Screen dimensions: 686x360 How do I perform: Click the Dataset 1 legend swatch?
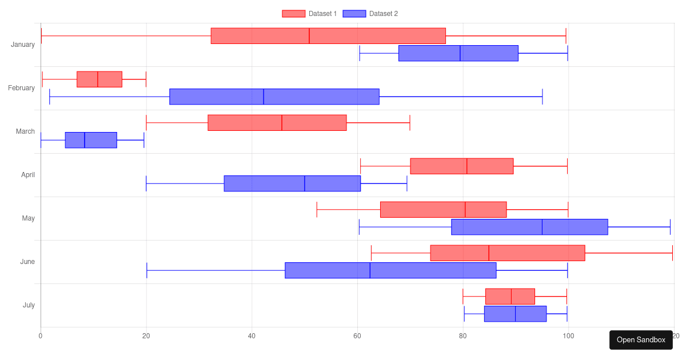[293, 14]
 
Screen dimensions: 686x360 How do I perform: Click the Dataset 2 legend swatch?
[354, 14]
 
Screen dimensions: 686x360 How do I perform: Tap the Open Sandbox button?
[641, 340]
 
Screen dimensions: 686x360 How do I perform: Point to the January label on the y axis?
[23, 45]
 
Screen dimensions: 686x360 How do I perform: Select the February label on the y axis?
[21, 88]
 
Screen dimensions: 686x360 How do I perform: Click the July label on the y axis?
[29, 305]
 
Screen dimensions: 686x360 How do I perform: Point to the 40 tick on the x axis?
[252, 336]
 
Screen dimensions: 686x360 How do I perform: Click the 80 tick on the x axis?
[462, 336]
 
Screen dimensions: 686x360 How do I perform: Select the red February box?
[99, 79]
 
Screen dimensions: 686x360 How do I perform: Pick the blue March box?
[91, 140]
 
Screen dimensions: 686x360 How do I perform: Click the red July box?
[510, 297]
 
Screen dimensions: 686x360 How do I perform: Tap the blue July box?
[516, 314]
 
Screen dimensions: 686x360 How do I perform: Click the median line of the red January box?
[309, 36]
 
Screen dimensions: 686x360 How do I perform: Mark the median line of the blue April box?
[304, 183]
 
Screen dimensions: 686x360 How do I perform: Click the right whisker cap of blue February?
[543, 97]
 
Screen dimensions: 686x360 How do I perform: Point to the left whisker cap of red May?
[317, 210]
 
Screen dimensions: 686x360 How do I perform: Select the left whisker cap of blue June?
[147, 270]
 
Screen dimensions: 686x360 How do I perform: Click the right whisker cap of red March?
[410, 123]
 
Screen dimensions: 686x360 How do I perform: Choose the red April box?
[462, 166]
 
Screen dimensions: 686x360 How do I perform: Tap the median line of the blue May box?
[542, 227]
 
